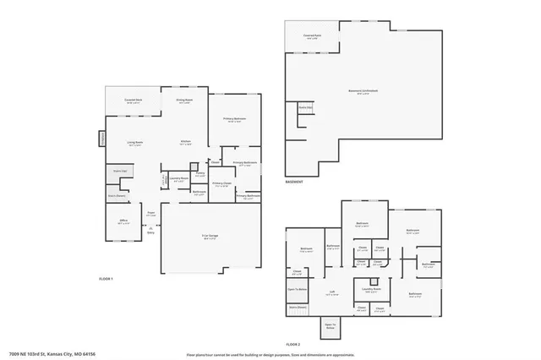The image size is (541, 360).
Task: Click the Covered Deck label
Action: (132, 101)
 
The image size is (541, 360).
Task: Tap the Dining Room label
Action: (184, 101)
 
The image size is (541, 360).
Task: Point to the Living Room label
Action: (135, 143)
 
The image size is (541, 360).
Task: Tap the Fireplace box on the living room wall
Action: (103, 137)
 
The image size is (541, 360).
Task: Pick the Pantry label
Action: (200, 175)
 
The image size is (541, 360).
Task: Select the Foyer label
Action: (151, 215)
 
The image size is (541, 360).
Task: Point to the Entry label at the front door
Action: (151, 230)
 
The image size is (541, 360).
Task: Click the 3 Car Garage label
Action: (210, 237)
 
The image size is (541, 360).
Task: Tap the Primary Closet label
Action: (221, 184)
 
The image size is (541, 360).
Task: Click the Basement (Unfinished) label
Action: (363, 90)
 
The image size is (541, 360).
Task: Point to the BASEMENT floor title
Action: (293, 181)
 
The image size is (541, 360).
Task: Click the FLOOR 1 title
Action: (106, 278)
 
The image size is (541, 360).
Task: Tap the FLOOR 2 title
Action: (293, 344)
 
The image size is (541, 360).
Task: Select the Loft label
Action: (333, 292)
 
